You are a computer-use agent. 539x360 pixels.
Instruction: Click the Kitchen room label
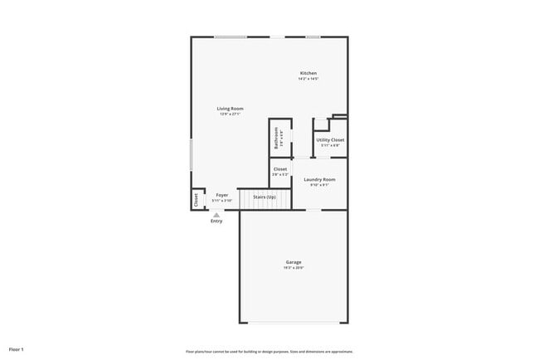tap(308, 74)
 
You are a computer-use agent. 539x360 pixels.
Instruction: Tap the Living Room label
tap(230, 109)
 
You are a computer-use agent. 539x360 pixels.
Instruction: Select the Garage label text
tap(294, 262)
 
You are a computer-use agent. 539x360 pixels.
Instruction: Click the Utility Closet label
tap(330, 140)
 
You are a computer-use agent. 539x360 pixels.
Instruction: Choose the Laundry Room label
tap(319, 179)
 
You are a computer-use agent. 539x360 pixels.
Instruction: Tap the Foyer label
tap(221, 195)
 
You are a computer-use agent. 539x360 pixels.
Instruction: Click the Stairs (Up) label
tap(265, 197)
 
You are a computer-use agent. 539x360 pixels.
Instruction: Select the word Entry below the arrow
tap(216, 221)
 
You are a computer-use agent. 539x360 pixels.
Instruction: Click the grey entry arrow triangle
tap(216, 214)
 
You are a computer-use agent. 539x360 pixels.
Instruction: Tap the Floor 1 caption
tap(17, 349)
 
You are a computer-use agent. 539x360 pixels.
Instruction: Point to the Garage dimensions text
tap(294, 268)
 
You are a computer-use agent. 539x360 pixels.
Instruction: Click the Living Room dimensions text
tap(230, 114)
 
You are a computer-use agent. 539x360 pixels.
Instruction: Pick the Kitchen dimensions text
tap(308, 80)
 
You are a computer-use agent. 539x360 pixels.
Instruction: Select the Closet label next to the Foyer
tap(197, 200)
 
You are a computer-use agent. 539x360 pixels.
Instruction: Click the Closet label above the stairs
tap(280, 169)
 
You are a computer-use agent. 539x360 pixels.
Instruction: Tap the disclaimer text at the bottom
tap(269, 352)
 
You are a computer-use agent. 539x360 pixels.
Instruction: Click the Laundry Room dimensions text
tap(319, 185)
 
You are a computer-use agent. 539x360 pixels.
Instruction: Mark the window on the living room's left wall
tap(191, 154)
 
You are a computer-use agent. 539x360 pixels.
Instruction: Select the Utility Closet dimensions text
tap(330, 146)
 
